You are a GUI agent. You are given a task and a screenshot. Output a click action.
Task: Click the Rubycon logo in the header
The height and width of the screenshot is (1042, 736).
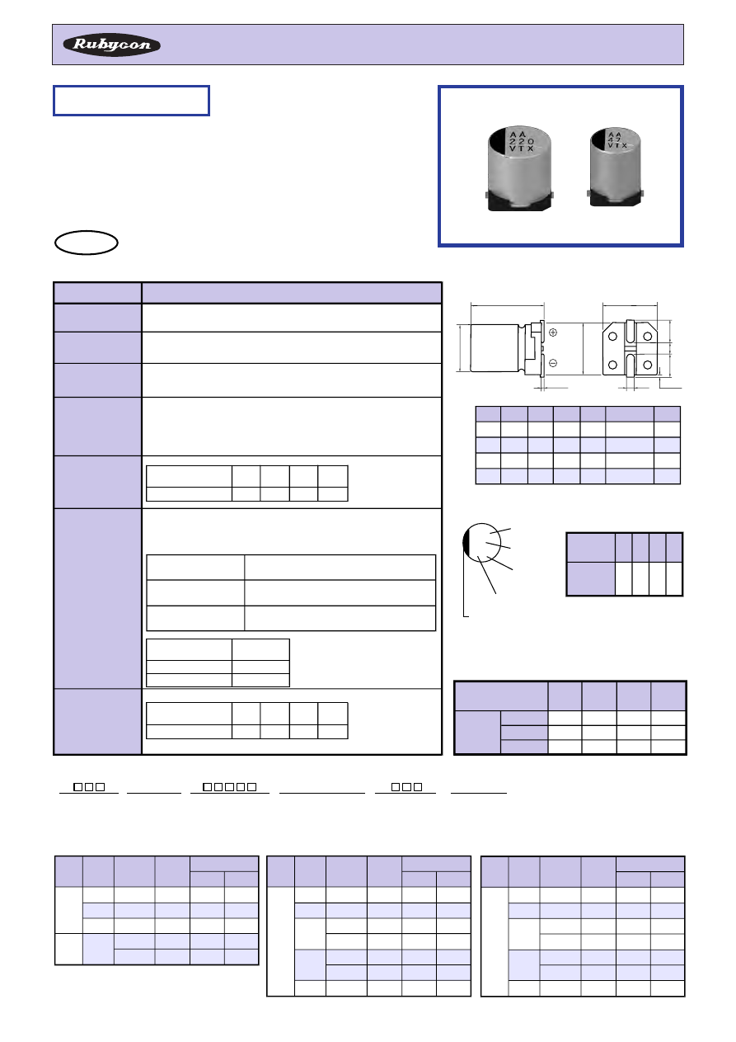111,45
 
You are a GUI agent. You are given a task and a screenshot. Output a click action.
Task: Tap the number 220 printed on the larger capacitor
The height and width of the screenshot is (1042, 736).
522,141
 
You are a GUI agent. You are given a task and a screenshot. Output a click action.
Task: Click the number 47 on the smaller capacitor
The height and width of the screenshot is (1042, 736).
614,139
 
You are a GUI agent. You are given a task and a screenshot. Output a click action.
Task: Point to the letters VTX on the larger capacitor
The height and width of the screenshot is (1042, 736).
522,149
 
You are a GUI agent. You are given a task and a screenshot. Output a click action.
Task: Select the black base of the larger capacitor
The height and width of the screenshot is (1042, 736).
519,201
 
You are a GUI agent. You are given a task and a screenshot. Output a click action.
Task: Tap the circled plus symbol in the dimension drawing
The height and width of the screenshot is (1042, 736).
553,332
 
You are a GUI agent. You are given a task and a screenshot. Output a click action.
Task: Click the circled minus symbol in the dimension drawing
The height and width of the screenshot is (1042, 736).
553,363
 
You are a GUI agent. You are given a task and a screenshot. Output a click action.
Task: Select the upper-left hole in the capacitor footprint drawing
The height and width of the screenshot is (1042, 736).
612,337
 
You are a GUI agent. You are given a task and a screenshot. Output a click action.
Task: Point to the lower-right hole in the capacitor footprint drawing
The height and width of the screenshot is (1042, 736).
647,365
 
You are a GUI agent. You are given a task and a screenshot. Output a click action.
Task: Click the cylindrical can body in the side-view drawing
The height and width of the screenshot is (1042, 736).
495,348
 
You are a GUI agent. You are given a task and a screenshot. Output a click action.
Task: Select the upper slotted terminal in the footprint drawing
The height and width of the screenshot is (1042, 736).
630,332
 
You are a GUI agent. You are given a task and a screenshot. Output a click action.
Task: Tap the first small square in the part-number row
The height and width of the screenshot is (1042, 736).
77,786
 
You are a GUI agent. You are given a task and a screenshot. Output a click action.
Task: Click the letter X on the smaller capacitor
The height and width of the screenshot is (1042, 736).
624,145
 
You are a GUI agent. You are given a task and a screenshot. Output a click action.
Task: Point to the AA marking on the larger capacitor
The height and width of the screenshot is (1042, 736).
517,134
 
